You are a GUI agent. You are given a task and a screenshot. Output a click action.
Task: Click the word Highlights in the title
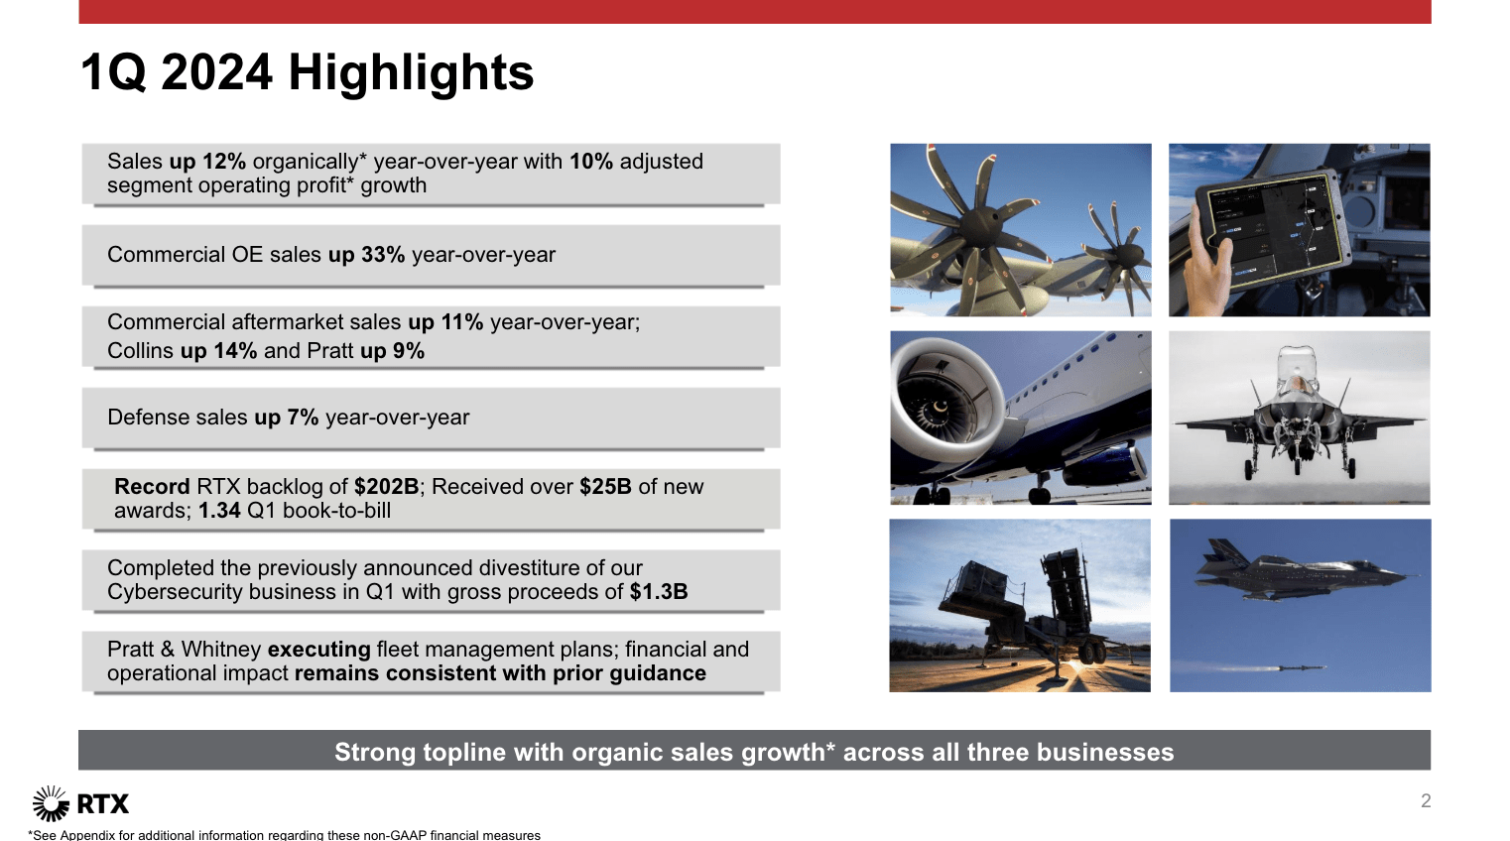coord(411,73)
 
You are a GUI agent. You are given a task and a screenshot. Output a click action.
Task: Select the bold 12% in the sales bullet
coord(224,162)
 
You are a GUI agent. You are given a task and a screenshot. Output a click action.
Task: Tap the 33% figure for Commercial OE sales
coord(383,255)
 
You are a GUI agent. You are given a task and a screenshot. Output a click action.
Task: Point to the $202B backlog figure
coord(386,487)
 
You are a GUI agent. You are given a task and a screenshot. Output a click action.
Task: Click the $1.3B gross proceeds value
coord(659,592)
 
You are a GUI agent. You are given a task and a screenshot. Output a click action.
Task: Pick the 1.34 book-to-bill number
coord(219,511)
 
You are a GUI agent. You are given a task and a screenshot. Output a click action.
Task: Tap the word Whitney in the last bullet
coord(221,649)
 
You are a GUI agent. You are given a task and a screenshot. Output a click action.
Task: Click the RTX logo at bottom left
coord(81,803)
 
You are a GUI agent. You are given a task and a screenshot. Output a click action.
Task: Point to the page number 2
coord(1425,800)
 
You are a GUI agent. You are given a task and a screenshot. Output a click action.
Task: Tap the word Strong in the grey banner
coord(375,752)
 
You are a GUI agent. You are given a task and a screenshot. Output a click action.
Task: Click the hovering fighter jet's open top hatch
coord(1298,363)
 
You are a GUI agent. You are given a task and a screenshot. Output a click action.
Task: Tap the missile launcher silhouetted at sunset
coord(1025,607)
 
